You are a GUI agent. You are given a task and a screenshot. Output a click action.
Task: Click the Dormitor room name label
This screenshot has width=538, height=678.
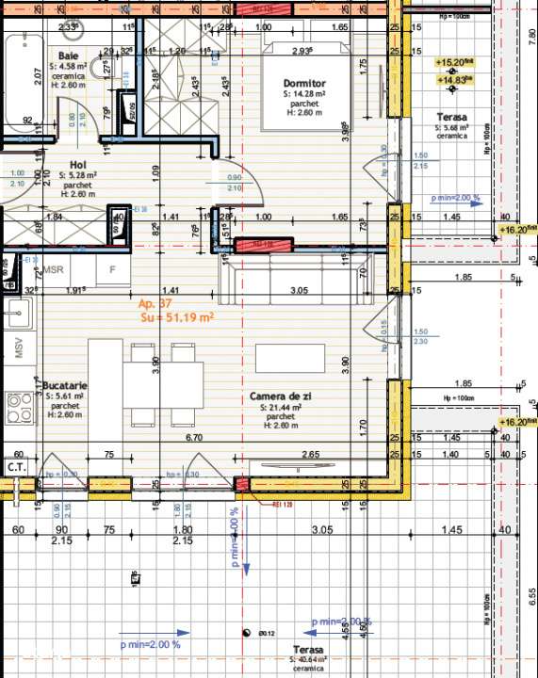coord(304,83)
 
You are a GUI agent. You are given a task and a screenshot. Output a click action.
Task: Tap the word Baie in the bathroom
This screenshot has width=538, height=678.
coord(68,56)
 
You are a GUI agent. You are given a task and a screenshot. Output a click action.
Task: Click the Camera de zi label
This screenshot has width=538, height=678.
coord(281,396)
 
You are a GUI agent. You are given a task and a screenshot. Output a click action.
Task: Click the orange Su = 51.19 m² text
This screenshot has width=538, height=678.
coord(175,317)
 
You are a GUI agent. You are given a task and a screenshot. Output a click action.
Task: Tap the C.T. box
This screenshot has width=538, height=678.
coord(16,466)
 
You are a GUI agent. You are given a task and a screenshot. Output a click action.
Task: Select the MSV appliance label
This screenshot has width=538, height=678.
coord(18,349)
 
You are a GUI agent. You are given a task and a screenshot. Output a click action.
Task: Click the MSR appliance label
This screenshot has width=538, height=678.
coord(53,269)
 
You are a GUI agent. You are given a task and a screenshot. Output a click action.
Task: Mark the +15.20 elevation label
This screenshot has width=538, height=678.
coord(453,62)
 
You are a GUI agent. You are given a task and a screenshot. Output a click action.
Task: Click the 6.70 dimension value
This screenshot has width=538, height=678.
coord(195,438)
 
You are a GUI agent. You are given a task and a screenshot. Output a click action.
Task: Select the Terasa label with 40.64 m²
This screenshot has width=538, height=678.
coord(308,651)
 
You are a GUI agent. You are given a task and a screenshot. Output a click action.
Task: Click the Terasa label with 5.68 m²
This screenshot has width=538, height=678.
coord(450,116)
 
